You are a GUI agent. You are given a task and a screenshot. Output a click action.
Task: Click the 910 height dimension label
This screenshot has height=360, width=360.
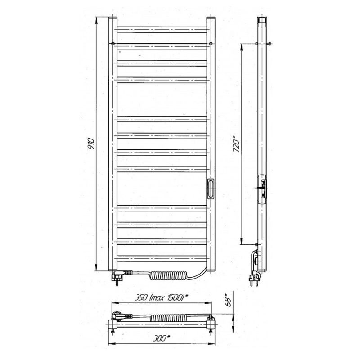click(x=91, y=144)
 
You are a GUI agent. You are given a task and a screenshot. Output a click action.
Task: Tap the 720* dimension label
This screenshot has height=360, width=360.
click(x=237, y=144)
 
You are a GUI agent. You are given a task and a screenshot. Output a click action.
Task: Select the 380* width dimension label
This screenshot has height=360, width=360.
click(x=162, y=338)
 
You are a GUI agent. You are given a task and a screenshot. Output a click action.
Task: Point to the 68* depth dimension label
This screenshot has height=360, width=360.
click(x=228, y=300)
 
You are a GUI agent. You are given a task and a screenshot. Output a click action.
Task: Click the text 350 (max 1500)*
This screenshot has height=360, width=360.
click(x=161, y=297)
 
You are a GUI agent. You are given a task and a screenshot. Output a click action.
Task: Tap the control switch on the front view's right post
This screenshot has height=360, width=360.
click(x=211, y=189)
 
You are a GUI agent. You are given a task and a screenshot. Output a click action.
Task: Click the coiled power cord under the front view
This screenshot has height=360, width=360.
click(x=168, y=275)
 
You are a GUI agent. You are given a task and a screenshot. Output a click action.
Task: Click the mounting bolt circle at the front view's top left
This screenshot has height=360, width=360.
click(x=113, y=43)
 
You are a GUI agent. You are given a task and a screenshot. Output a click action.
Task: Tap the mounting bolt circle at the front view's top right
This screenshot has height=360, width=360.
click(x=211, y=43)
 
